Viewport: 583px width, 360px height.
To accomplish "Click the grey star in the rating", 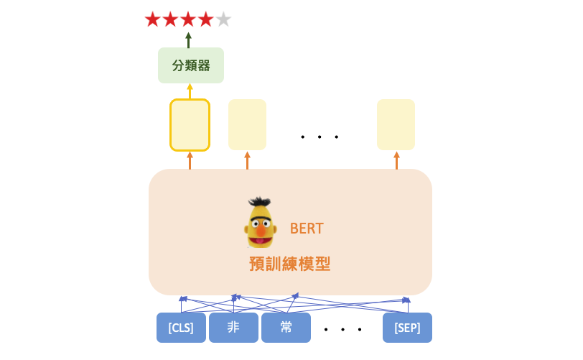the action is pos(223,19).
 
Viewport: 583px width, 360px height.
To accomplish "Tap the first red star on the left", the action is pos(152,19).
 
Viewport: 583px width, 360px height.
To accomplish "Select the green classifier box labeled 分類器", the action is pos(191,65).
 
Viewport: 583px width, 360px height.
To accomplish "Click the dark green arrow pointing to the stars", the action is pos(189,40).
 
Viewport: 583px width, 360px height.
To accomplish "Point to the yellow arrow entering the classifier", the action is pos(190,91).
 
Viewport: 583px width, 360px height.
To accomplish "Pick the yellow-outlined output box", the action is pos(190,125).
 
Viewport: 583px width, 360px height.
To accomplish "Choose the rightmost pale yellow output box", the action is pos(396,125).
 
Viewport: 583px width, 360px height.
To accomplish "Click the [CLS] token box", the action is pos(181,328).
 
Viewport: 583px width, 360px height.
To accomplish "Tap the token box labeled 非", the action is pos(233,328).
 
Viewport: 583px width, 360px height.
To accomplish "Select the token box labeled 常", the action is pos(286,328).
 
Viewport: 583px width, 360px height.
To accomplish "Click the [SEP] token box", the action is pos(408,328).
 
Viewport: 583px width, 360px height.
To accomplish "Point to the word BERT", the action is pos(307,229).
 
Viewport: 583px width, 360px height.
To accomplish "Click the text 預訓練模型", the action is pos(289,264).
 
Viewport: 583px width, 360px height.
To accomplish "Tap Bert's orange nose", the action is pos(261,230).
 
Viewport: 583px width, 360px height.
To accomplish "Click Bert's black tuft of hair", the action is pos(260,202).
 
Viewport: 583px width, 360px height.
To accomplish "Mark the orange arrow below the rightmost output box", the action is pos(397,160).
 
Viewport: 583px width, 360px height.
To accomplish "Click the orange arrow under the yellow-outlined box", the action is pos(190,160).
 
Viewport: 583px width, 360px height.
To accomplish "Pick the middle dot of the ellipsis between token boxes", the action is pos(342,330).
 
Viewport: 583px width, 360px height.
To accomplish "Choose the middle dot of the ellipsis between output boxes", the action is pos(320,137).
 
